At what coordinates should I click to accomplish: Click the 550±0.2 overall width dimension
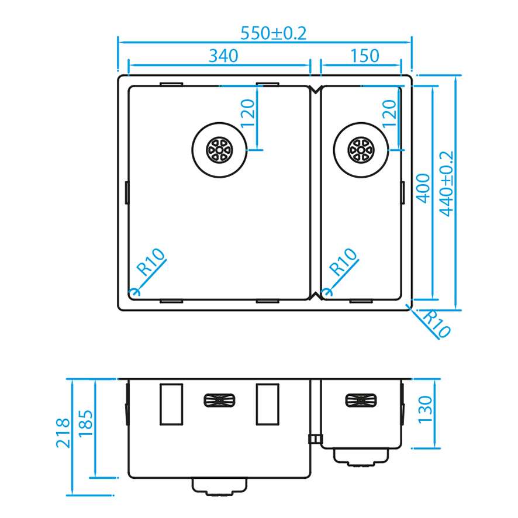pos(274,33)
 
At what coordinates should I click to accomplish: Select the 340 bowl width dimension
pos(223,56)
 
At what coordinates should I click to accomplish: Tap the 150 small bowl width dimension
pos(365,56)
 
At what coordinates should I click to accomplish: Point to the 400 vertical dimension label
pos(423,188)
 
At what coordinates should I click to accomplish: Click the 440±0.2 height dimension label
pos(446,184)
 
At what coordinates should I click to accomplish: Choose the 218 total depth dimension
pos(63,433)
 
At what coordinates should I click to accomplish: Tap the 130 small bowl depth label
pos(425,410)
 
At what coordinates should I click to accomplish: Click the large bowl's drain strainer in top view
pos(219,150)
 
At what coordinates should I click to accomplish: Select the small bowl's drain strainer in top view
pos(361,150)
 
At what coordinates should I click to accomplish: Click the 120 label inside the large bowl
pos(248,113)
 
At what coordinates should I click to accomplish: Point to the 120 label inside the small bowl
pos(389,113)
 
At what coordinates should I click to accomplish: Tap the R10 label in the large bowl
pos(151,262)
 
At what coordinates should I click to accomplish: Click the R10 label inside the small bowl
pos(344,262)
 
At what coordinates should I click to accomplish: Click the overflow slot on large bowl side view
pos(219,400)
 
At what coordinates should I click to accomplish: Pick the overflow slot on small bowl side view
pos(361,400)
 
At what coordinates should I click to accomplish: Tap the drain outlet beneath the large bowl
pos(219,486)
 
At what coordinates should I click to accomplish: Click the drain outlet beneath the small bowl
pos(361,457)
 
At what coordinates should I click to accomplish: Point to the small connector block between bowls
pos(315,438)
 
